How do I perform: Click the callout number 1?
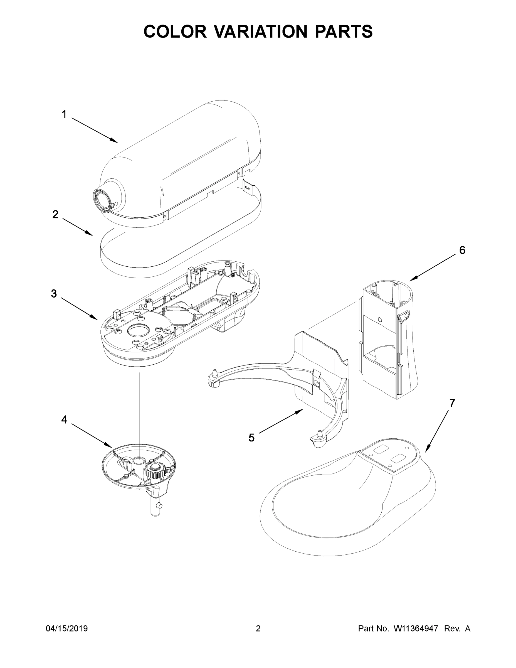coord(64,114)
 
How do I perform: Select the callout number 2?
coord(55,215)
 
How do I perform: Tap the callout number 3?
coord(54,294)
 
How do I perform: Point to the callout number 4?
coord(64,420)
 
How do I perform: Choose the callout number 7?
coord(452,403)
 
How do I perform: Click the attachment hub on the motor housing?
coord(102,199)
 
